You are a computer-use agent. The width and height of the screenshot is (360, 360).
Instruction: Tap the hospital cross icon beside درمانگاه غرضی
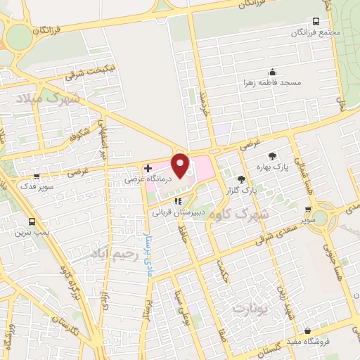147,169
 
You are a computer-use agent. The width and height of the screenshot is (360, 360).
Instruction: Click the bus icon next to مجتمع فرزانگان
316,21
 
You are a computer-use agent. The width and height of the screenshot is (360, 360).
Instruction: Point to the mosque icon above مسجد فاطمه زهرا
272,72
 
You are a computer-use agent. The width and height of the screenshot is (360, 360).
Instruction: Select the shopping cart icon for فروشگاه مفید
307,330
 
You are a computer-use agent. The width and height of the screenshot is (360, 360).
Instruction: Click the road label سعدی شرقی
281,226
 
